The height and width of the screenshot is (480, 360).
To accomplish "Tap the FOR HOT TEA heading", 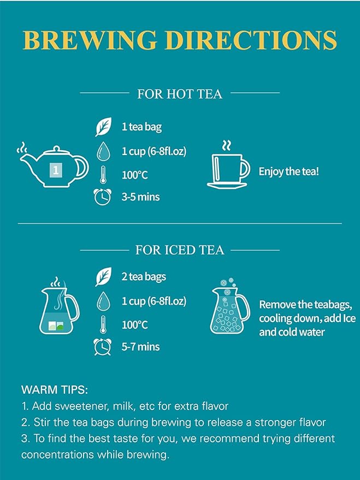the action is pos(180,94).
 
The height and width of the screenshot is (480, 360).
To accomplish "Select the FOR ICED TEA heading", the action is pos(180,250).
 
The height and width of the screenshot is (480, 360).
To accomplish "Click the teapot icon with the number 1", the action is pos(52,165).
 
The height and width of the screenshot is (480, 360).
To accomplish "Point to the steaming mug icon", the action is pos(228,165).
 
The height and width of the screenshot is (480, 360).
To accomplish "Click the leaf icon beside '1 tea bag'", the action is pos(103,127).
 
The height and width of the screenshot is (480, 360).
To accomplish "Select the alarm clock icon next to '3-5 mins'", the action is pos(102,197).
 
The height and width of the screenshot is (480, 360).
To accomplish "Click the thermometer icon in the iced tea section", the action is pos(103,324).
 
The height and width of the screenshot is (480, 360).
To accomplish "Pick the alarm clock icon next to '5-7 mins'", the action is pos(102,347).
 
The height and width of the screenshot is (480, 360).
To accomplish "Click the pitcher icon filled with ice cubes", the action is pos(230,306).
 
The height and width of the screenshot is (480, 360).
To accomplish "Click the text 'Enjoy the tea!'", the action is pos(288,171).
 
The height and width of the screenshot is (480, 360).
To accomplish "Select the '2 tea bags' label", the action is pos(144,277).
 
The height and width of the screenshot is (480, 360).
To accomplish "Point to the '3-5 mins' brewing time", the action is pos(140,197).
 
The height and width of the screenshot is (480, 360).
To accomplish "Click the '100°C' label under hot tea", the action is pos(135,175).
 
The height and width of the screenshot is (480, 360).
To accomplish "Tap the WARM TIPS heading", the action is pos(55,390).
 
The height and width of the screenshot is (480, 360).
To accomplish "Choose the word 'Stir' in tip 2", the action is pos(42,422).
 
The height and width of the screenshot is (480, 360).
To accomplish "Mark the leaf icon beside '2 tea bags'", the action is pos(103,276).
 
